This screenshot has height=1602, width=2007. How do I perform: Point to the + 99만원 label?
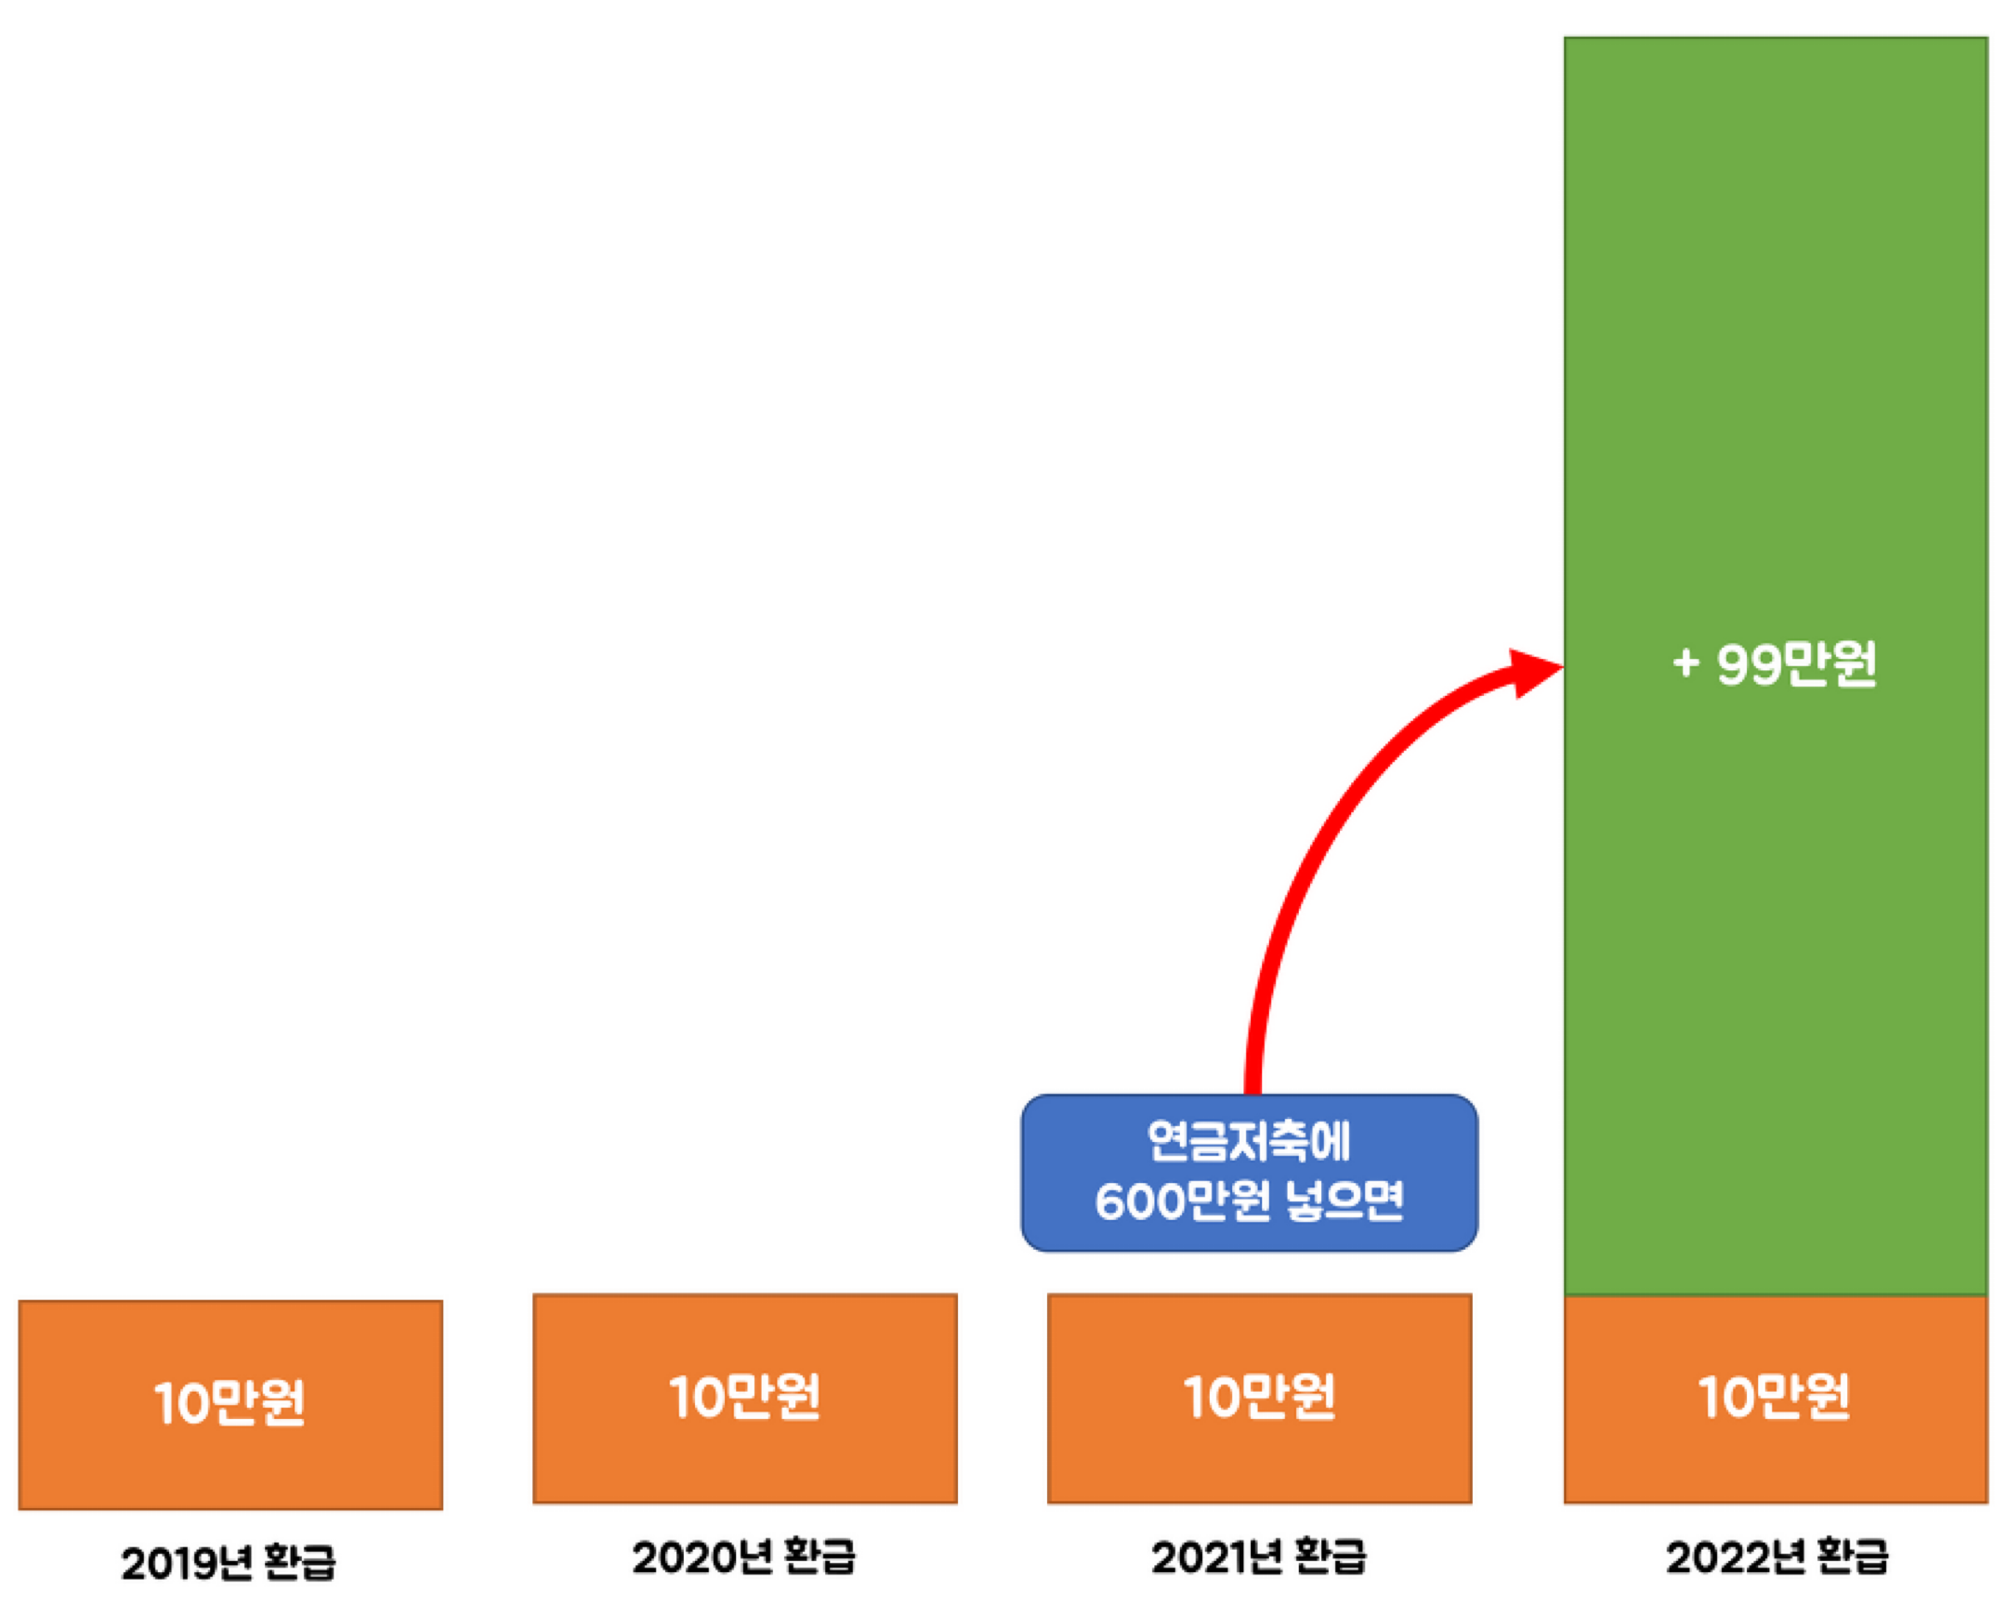[x=1776, y=664]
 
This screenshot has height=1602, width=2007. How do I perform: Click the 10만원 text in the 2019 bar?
[x=230, y=1403]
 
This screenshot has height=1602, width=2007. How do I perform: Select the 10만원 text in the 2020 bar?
[x=744, y=1397]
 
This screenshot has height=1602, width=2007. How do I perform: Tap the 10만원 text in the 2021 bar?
[x=1259, y=1397]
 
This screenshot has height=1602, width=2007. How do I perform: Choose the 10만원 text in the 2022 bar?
[x=1775, y=1397]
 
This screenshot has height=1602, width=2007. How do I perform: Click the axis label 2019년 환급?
[x=228, y=1562]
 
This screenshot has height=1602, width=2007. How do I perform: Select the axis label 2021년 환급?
[x=1259, y=1557]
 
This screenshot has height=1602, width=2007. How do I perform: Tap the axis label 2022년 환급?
[x=1777, y=1557]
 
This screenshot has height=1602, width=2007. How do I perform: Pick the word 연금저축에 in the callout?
[x=1248, y=1141]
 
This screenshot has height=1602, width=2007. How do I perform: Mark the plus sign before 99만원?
[x=1686, y=664]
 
